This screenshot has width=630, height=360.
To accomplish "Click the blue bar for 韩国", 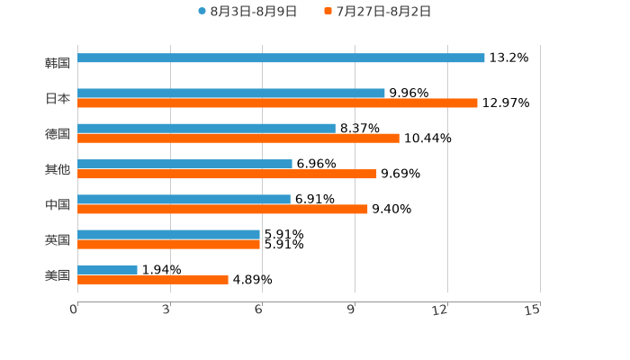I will (x=281, y=58).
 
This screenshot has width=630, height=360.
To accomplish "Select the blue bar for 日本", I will (x=231, y=94).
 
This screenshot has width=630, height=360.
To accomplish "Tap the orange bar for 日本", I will (x=277, y=103).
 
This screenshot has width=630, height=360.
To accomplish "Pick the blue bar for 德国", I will (x=206, y=129).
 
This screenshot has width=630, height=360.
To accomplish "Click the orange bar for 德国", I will (x=238, y=139).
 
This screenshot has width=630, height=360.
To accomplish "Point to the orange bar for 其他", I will (x=227, y=174).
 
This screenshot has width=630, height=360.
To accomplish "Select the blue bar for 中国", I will (x=184, y=199).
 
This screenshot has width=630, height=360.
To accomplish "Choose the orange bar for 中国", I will (x=222, y=209).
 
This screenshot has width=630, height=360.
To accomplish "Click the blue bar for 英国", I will (x=168, y=234).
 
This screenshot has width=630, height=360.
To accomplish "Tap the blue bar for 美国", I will (x=107, y=269).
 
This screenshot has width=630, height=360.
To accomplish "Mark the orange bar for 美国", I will (x=153, y=279).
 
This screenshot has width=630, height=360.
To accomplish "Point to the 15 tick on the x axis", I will (x=533, y=310).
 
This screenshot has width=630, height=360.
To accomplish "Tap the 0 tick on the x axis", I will (x=74, y=310).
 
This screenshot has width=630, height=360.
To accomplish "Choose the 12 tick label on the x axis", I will (x=440, y=310).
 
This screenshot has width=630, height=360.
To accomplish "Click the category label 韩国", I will (x=58, y=63).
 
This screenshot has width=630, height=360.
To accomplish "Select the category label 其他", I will (x=58, y=169).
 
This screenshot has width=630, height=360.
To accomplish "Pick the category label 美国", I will (x=58, y=274).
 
